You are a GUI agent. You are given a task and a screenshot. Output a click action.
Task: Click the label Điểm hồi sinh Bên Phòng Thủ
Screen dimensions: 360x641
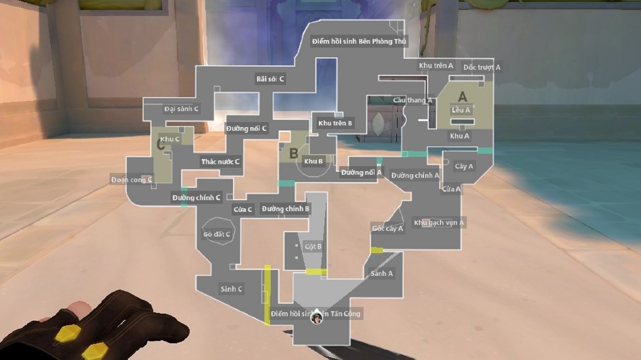[359, 41]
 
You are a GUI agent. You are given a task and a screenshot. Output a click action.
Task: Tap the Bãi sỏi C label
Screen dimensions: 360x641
[270, 79]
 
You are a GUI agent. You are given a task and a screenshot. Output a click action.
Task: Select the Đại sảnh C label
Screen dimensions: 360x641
[181, 109]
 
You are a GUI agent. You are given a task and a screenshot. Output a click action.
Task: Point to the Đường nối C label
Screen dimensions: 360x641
[246, 128]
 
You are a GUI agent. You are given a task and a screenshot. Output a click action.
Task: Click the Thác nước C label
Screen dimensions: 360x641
[220, 162]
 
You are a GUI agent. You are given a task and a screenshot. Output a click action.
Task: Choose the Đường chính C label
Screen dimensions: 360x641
[196, 198]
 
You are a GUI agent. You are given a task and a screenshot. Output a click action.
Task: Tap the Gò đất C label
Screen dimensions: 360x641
[217, 234]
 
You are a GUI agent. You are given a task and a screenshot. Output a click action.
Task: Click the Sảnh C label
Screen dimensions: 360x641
[231, 289]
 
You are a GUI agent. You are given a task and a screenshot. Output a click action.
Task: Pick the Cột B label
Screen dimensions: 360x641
[313, 247]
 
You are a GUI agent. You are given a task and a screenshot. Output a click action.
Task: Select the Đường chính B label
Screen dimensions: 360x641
[285, 209]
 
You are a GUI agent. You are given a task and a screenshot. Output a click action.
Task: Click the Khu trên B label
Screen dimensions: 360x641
[335, 123]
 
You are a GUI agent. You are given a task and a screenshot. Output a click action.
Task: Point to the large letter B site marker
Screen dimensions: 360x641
[293, 153]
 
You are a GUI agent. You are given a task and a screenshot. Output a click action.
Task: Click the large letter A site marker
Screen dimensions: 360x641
[462, 97]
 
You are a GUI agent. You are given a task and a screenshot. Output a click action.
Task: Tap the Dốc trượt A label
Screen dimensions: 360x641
[482, 67]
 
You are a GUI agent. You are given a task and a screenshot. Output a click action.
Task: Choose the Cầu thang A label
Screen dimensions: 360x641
[412, 100]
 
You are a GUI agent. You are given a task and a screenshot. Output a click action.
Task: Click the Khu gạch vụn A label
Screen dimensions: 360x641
[439, 223]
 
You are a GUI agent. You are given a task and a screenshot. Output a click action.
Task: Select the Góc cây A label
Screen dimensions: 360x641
[388, 229]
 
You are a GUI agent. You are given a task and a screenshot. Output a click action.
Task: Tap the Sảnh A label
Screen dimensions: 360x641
[382, 274]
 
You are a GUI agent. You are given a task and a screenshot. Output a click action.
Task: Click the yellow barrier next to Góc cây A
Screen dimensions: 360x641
[377, 250]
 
